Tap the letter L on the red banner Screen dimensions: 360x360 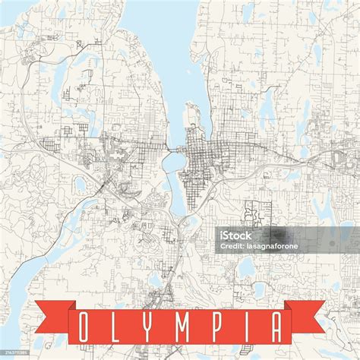tap(116, 326)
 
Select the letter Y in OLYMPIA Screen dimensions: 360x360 tap(150, 326)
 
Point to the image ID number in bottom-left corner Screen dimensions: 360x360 tap(14, 354)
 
